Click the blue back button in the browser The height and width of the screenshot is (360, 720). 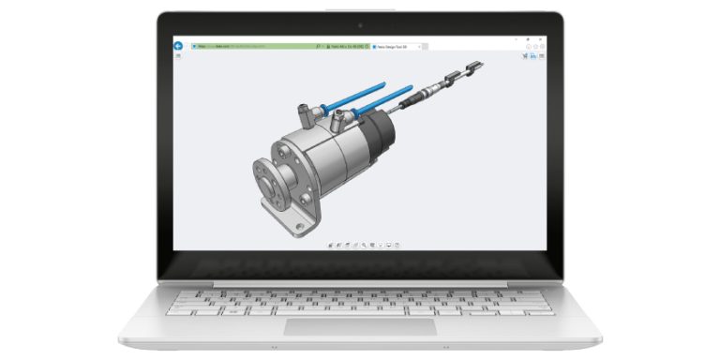click(177, 45)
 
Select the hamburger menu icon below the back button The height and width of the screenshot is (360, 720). click(177, 57)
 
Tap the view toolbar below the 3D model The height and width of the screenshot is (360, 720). click(360, 245)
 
